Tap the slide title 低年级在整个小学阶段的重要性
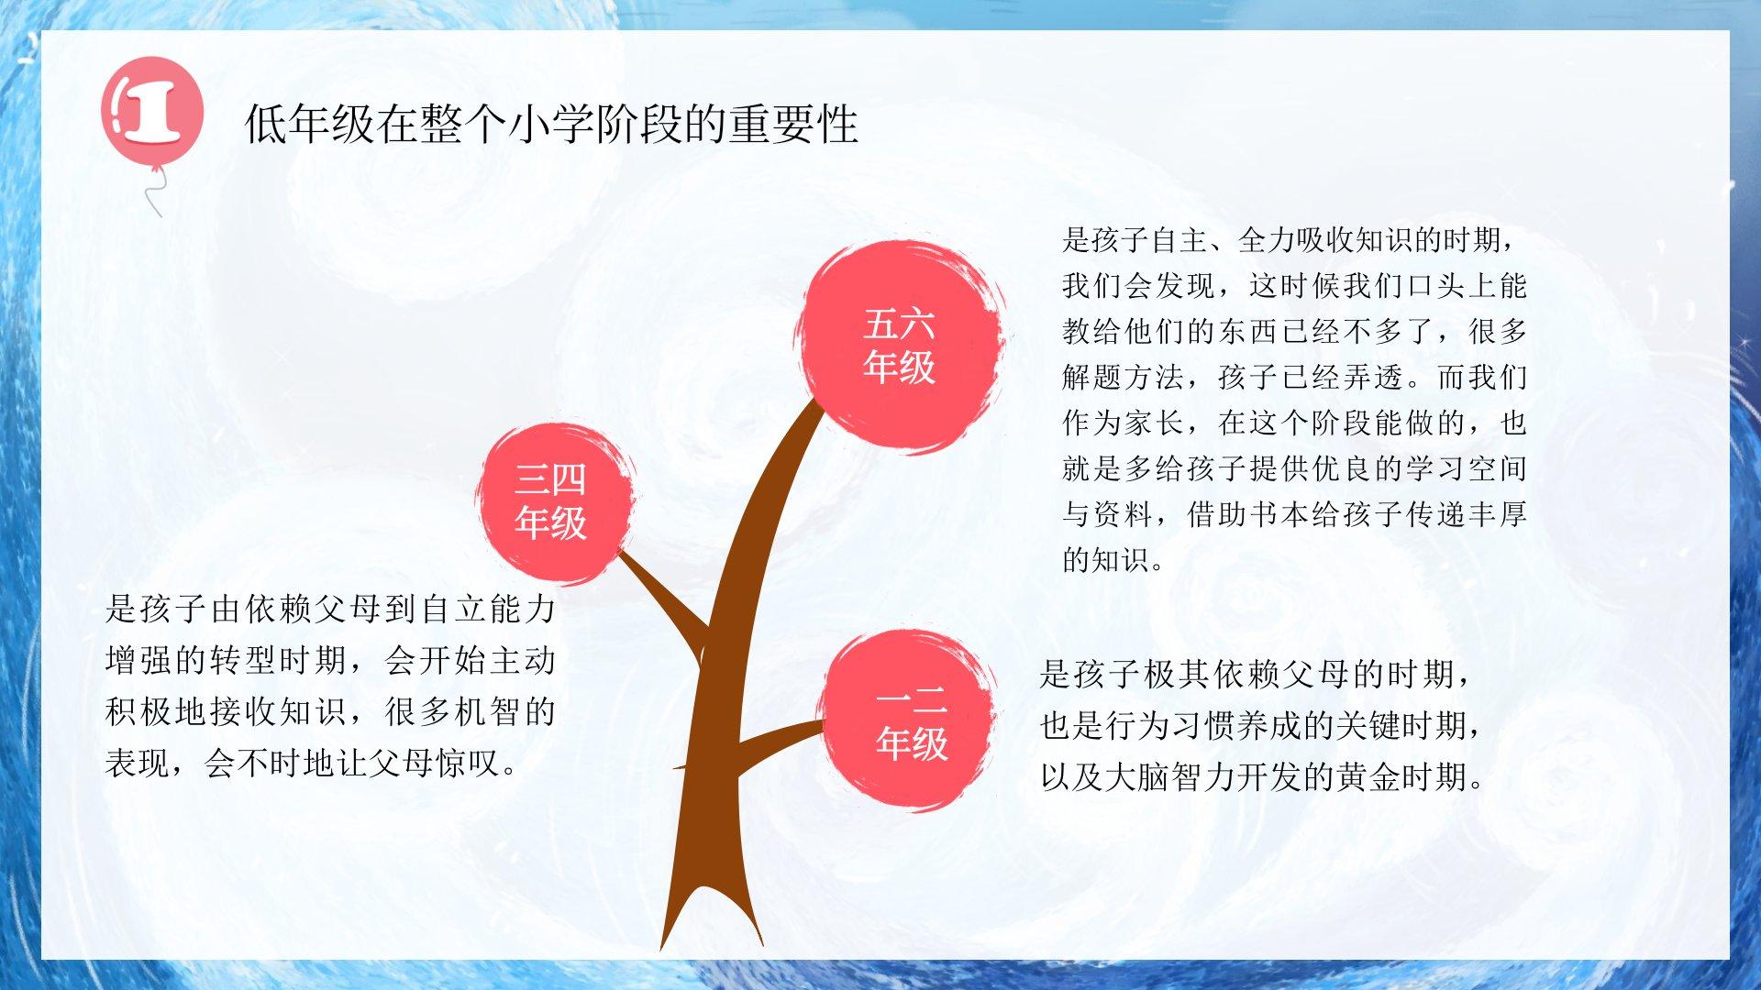click(x=551, y=124)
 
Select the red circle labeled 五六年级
click(x=899, y=346)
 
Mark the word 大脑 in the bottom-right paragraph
click(x=1137, y=776)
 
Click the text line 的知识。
click(x=1114, y=558)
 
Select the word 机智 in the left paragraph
click(x=490, y=710)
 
